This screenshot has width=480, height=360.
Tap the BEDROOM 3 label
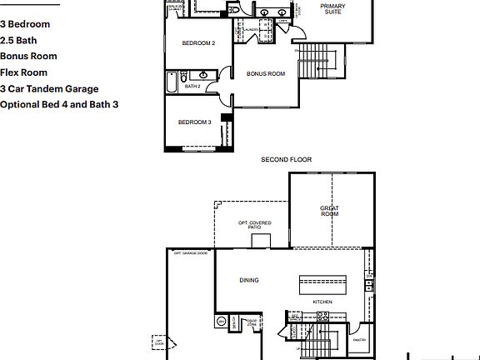click(x=194, y=122)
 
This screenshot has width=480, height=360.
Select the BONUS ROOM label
click(x=266, y=73)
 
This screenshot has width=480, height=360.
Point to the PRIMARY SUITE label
click(x=333, y=9)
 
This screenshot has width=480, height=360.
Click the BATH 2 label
click(x=192, y=86)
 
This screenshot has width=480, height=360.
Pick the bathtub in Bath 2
click(x=172, y=83)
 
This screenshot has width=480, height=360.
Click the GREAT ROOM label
click(x=330, y=211)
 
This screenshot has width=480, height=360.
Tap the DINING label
click(x=249, y=280)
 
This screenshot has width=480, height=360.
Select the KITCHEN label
click(x=322, y=301)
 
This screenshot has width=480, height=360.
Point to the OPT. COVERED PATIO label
click(x=254, y=224)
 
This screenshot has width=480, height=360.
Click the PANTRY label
click(x=359, y=339)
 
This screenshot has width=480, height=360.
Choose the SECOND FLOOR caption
click(x=286, y=158)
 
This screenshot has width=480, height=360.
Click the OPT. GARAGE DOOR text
click(x=190, y=252)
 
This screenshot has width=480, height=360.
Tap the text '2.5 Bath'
click(x=17, y=40)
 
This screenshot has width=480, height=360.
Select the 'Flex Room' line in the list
click(x=22, y=72)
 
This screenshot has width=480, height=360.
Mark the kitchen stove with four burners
click(x=322, y=316)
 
